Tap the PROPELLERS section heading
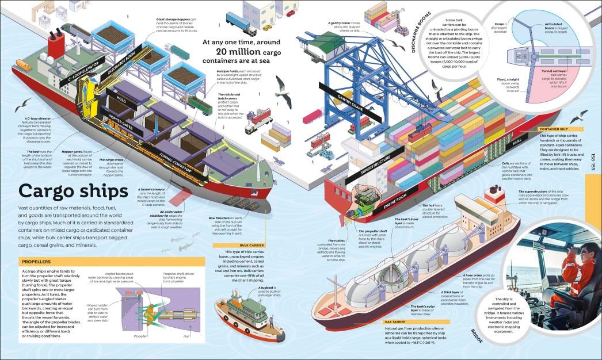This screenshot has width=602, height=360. click(x=40, y=262)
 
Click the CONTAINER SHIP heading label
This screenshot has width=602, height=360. click(x=554, y=129)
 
